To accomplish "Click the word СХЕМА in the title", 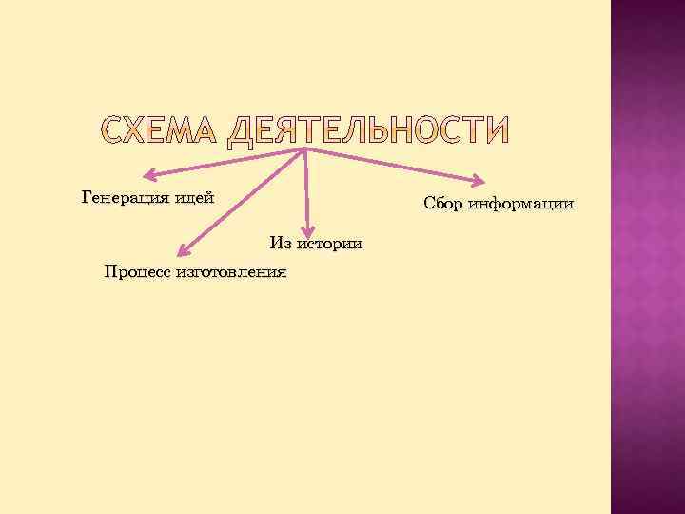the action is pos(160,132).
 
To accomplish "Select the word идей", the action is pos(193,198).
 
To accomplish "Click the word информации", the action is pos(522,204).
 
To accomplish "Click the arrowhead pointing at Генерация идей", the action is pos(149,176).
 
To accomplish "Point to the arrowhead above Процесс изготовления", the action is pos(181,249).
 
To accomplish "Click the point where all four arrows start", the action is pos(304,149).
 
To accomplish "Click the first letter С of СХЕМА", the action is pos(114,132).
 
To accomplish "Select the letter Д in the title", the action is pos(246,133).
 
